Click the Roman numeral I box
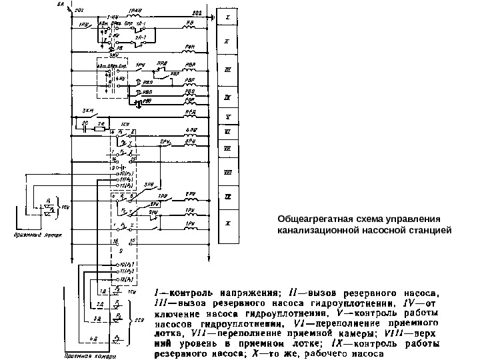(x=227, y=16)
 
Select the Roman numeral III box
(x=227, y=69)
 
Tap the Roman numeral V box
(x=227, y=116)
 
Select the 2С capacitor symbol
(x=85, y=127)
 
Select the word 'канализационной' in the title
(x=315, y=231)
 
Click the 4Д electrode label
(x=96, y=339)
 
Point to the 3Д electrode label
(x=96, y=319)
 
